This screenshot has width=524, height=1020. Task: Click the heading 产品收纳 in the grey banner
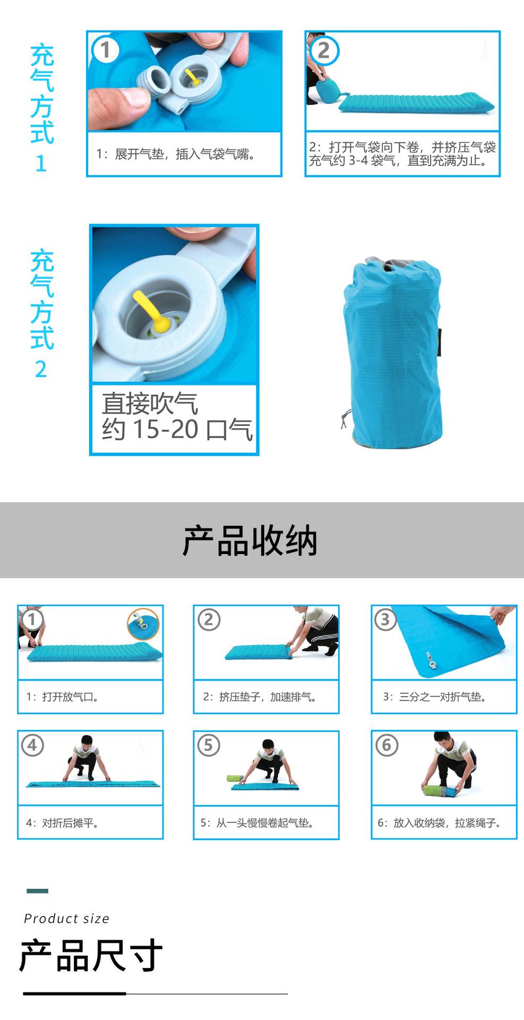250,541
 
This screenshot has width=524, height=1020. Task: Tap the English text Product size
66,919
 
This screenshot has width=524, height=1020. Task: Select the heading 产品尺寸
90,956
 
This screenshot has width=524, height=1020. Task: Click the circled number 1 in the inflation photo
105,50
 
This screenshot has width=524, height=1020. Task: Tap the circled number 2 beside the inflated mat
323,50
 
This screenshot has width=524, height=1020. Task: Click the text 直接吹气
150,404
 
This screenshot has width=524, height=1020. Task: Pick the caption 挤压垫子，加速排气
260,697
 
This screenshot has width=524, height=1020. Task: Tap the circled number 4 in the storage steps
32,745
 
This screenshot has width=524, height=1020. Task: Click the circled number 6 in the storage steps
386,745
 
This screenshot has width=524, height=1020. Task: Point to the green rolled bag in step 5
235,779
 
